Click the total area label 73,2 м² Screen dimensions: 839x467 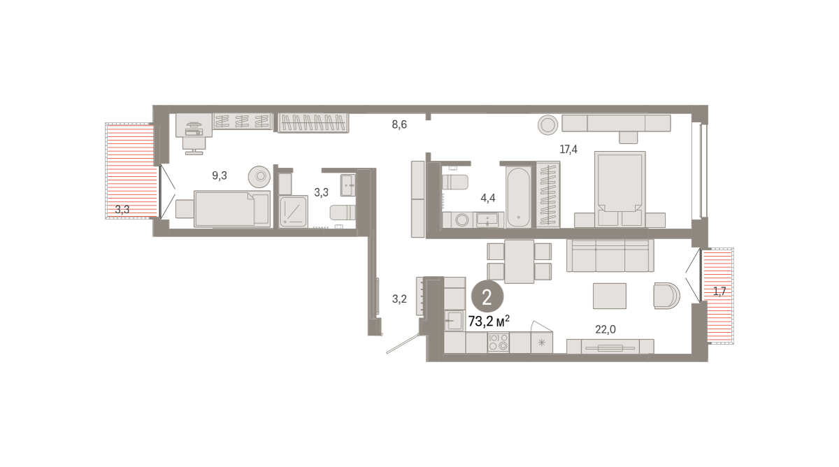[x=489, y=321]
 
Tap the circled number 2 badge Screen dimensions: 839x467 [x=487, y=297]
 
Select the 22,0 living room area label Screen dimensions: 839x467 [x=605, y=329]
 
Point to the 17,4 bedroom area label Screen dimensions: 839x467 [x=568, y=150]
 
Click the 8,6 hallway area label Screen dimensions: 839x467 [x=399, y=124]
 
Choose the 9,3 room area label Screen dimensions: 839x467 [x=220, y=175]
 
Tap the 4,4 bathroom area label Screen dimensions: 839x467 [x=488, y=198]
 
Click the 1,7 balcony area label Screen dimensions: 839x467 [x=719, y=291]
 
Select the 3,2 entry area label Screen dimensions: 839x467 [x=399, y=299]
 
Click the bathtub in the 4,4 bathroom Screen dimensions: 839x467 [x=519, y=197]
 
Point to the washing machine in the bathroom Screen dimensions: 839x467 [x=462, y=220]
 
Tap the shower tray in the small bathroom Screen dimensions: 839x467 [x=294, y=212]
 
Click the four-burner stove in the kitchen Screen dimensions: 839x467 [x=498, y=343]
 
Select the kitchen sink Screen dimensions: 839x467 [x=454, y=321]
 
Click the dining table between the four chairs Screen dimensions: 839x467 [x=519, y=261]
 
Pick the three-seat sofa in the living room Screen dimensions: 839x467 [x=610, y=255]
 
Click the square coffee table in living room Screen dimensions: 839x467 [x=610, y=296]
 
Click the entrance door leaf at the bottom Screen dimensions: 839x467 [x=403, y=343]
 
